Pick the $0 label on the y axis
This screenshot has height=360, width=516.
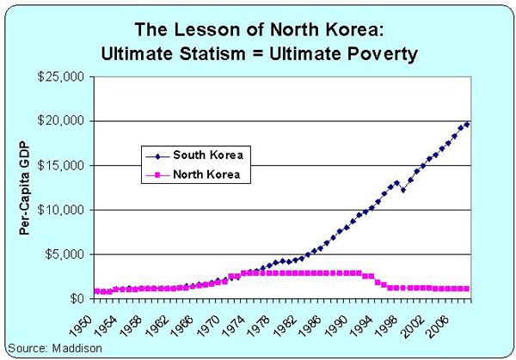[76, 299]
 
